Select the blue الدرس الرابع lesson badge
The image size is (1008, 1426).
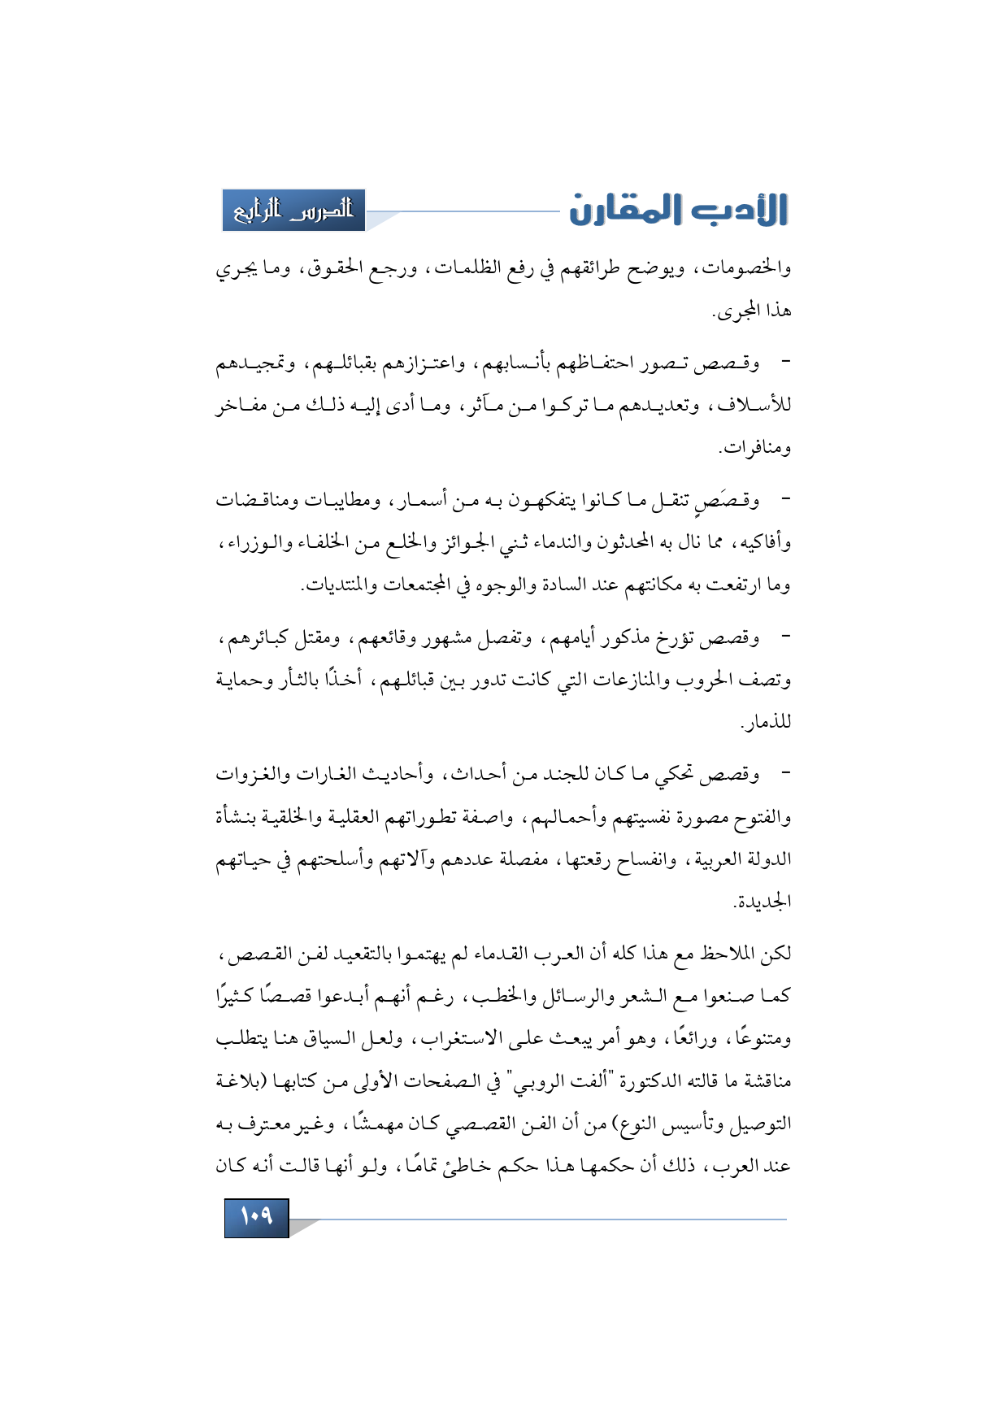(x=293, y=211)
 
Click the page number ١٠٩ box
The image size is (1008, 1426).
(x=256, y=1217)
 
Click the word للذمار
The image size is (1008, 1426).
(x=766, y=723)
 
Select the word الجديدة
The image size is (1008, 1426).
(x=763, y=902)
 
